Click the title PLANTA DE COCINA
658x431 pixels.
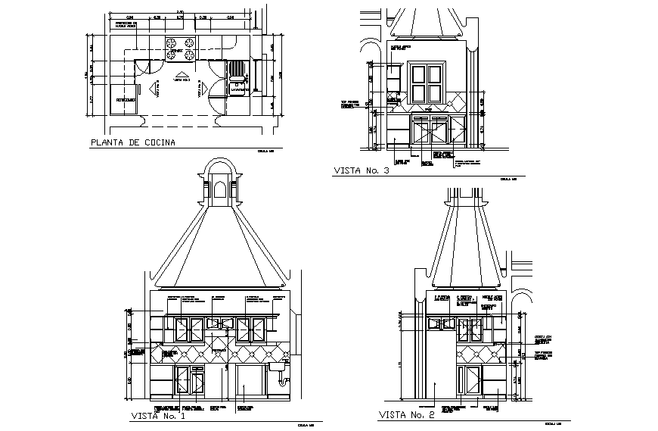click(x=132, y=142)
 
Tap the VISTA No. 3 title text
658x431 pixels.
click(x=361, y=171)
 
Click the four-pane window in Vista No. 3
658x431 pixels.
click(x=426, y=83)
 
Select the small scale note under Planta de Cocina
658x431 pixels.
click(x=264, y=150)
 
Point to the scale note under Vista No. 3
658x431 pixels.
click(x=508, y=180)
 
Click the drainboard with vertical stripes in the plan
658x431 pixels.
click(x=237, y=70)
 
